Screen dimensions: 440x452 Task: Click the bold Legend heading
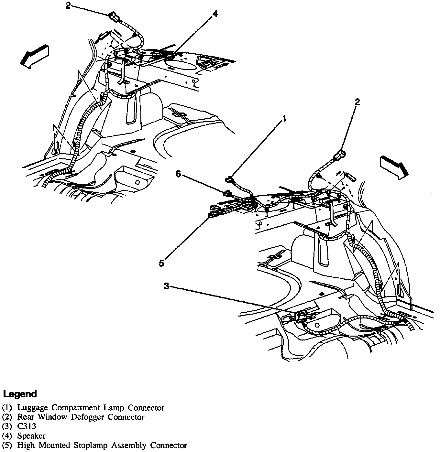(20, 394)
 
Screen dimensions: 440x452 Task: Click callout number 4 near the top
(215, 14)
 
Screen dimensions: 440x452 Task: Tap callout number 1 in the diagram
(284, 119)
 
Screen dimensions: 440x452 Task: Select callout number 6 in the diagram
(178, 174)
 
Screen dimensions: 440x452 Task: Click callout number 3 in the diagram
(166, 286)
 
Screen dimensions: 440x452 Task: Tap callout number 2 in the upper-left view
(68, 6)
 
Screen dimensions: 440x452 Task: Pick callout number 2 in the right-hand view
(357, 102)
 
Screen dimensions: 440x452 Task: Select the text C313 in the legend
(27, 426)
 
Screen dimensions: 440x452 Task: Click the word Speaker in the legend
(31, 436)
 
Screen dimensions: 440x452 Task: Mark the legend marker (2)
(7, 417)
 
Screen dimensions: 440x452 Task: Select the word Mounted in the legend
(54, 445)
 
